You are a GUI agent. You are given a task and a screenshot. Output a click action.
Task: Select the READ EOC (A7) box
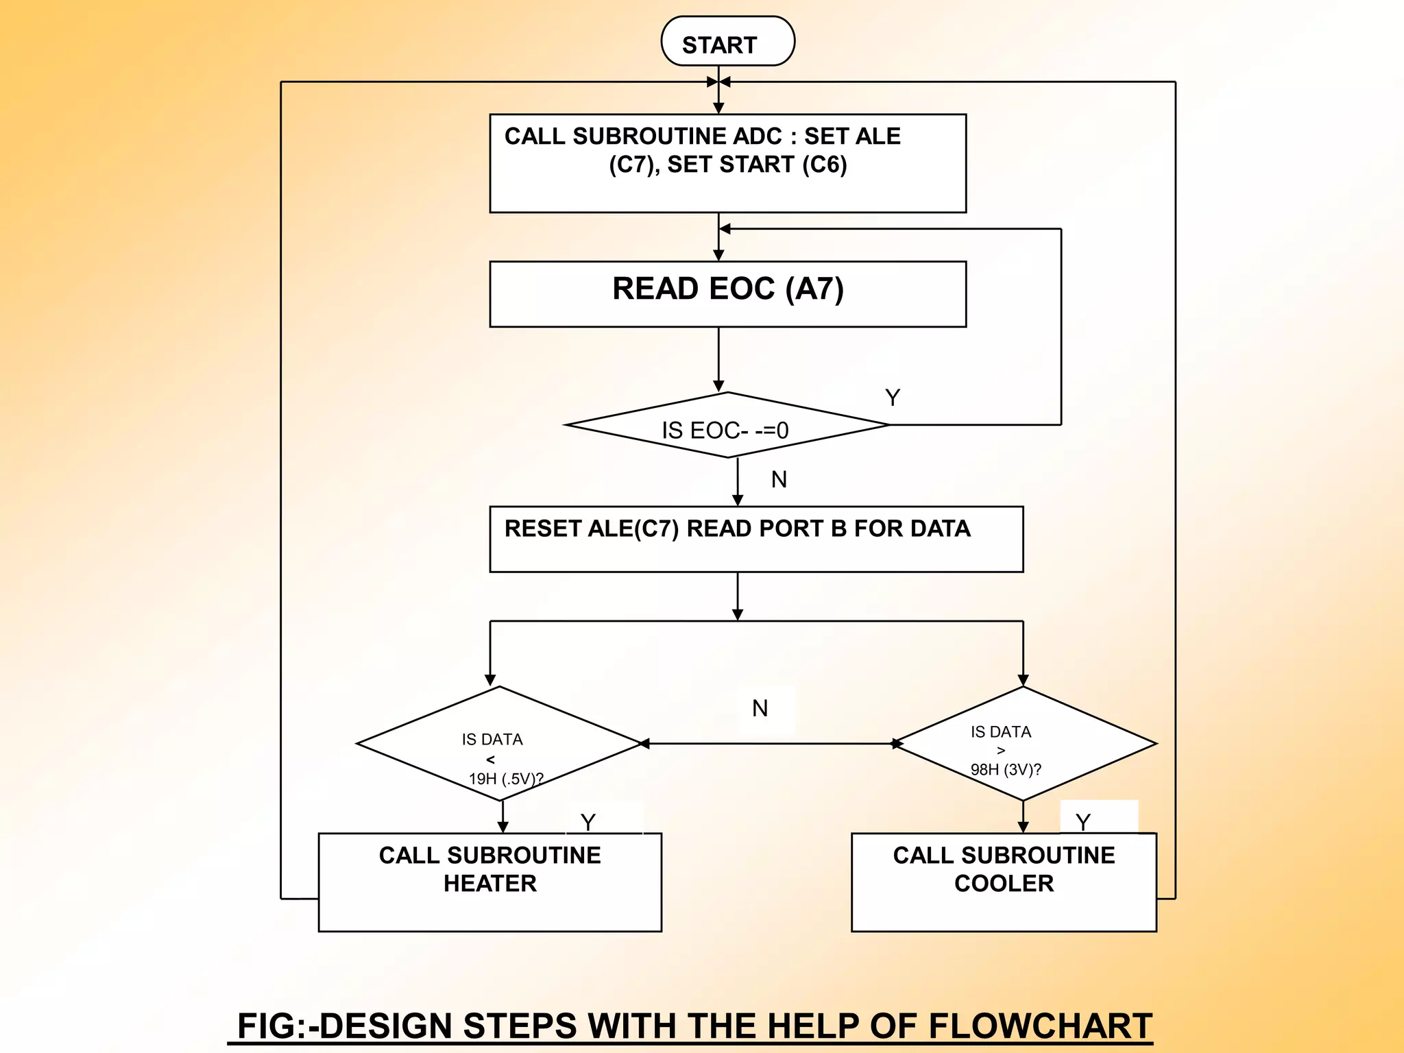coord(727,293)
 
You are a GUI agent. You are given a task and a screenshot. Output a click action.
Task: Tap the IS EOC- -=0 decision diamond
coord(727,426)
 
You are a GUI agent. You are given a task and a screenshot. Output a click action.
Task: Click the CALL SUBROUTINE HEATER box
coord(489,882)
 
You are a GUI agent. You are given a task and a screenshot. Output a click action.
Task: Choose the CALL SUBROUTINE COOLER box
coord(1003,882)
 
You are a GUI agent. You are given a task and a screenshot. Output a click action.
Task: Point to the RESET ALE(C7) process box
coord(755,539)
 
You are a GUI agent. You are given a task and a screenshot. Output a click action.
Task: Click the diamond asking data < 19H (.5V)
coord(499,745)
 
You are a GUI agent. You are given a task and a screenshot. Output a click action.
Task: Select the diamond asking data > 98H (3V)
coord(1024,744)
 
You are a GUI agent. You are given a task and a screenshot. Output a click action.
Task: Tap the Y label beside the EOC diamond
coord(892,398)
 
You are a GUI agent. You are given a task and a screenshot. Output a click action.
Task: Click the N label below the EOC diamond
coord(779,480)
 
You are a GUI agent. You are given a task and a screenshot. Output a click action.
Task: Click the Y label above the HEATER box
coord(588,822)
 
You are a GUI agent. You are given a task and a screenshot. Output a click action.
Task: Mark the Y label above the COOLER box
coord(1082,822)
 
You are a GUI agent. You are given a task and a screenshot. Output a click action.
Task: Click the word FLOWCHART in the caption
coord(1040,1026)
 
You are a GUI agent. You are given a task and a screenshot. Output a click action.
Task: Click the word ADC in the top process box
coord(757,136)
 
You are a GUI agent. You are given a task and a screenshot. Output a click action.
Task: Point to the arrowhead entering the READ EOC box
coord(718,256)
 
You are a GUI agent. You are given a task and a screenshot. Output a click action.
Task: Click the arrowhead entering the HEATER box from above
coord(503,827)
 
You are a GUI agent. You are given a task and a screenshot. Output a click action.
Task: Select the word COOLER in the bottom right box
coord(1004,884)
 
